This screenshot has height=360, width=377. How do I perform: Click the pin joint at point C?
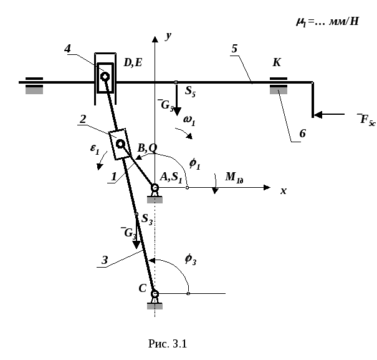(x=155, y=294)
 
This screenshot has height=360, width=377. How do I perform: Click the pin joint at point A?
(x=155, y=187)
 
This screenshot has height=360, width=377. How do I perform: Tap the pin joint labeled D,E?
(x=105, y=77)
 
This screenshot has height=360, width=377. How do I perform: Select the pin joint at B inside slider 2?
(x=120, y=144)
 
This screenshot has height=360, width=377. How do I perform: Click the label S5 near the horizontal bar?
(x=190, y=92)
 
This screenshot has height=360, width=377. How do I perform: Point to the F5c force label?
(x=366, y=119)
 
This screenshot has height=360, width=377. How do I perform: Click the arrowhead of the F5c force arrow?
(x=318, y=115)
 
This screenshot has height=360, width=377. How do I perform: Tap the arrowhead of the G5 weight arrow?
(x=177, y=112)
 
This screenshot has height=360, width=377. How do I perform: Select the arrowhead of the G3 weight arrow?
(x=136, y=245)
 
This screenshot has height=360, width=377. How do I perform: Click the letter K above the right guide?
(x=277, y=62)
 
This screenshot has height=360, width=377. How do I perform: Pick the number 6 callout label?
(x=302, y=134)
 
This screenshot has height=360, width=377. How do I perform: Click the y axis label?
(x=168, y=36)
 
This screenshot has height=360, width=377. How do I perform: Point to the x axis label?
(x=284, y=191)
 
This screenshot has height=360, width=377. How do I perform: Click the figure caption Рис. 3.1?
(x=168, y=344)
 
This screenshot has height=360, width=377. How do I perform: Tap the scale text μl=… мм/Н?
(x=328, y=22)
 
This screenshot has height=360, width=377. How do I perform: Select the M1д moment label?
(x=234, y=177)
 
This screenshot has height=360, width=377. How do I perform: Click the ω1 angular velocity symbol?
(x=189, y=120)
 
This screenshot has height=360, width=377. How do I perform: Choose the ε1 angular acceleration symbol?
(x=95, y=149)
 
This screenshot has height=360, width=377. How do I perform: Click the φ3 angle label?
(x=191, y=260)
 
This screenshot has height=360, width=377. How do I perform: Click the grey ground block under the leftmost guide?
(x=34, y=91)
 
